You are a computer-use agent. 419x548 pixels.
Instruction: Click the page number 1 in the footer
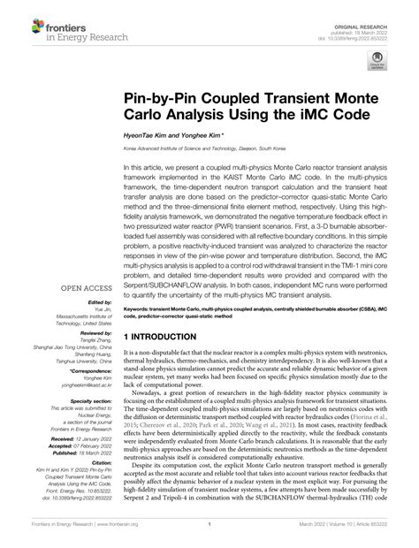click(x=209, y=535)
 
